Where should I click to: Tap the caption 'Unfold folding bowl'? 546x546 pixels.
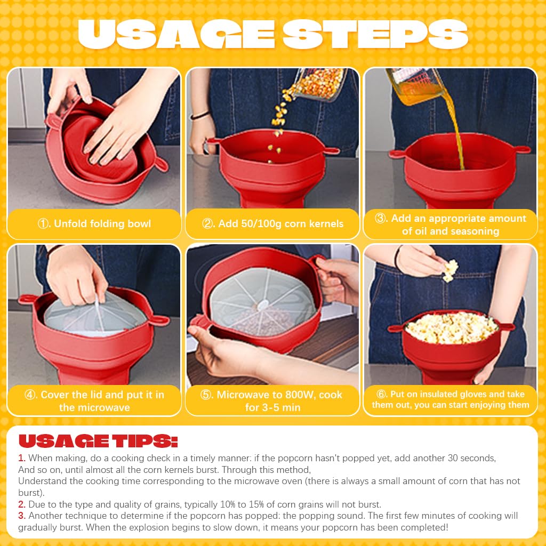coord(102,224)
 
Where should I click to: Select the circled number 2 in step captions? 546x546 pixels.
coord(208,224)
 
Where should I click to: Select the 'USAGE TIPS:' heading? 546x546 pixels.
coord(98,441)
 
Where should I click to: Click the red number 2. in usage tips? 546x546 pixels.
coord(22,504)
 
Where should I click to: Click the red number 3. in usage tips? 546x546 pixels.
coord(22,516)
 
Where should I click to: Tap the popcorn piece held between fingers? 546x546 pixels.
coord(451,270)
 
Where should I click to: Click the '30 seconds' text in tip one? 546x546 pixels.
coord(468,458)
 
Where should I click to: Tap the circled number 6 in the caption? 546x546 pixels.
coord(381,395)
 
